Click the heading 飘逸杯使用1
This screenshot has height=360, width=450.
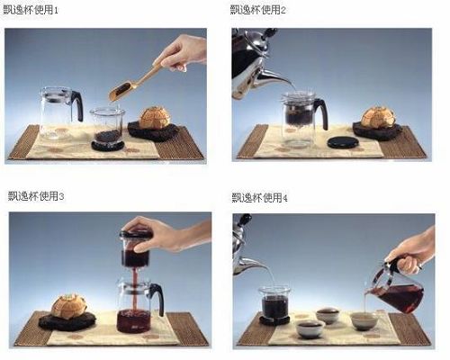31,10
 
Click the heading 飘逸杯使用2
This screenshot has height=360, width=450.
258,10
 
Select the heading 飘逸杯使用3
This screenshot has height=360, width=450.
36,196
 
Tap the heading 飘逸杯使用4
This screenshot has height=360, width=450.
260,198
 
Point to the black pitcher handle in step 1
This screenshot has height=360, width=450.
78,105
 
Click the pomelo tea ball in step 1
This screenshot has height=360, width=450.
155,118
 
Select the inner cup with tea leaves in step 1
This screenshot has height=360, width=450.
107,128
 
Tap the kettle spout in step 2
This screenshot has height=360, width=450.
274,77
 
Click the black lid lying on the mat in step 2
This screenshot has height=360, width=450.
343,142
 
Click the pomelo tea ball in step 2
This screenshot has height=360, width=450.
377,117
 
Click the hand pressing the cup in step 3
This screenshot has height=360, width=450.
168,234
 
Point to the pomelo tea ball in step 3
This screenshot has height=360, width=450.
69,306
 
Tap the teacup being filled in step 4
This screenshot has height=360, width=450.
364,321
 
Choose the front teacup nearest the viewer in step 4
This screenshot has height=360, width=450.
310,329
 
